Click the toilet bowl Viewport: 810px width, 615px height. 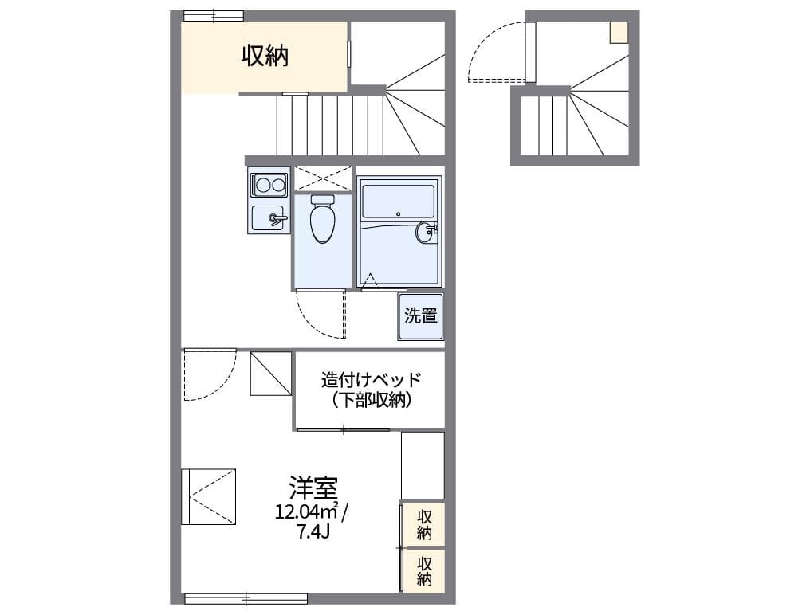(x=322, y=221)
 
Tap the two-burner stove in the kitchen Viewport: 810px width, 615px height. (x=268, y=186)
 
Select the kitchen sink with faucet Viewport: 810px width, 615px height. (x=268, y=217)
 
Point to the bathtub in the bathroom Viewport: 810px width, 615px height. (x=398, y=202)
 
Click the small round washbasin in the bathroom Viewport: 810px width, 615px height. (x=424, y=233)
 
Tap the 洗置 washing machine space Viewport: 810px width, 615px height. (x=421, y=316)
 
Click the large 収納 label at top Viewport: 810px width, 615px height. (x=265, y=57)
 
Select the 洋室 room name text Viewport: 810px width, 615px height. (x=313, y=486)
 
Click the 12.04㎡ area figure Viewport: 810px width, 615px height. (x=308, y=511)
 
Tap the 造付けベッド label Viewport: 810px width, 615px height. (x=371, y=379)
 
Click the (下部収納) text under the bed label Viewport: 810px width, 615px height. (x=371, y=400)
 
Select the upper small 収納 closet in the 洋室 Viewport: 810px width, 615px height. (x=423, y=524)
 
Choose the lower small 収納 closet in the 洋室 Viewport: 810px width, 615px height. (x=423, y=570)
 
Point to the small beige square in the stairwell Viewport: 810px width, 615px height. (x=619, y=32)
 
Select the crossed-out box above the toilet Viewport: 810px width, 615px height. (x=323, y=178)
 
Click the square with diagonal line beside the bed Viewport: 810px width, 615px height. (x=271, y=373)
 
